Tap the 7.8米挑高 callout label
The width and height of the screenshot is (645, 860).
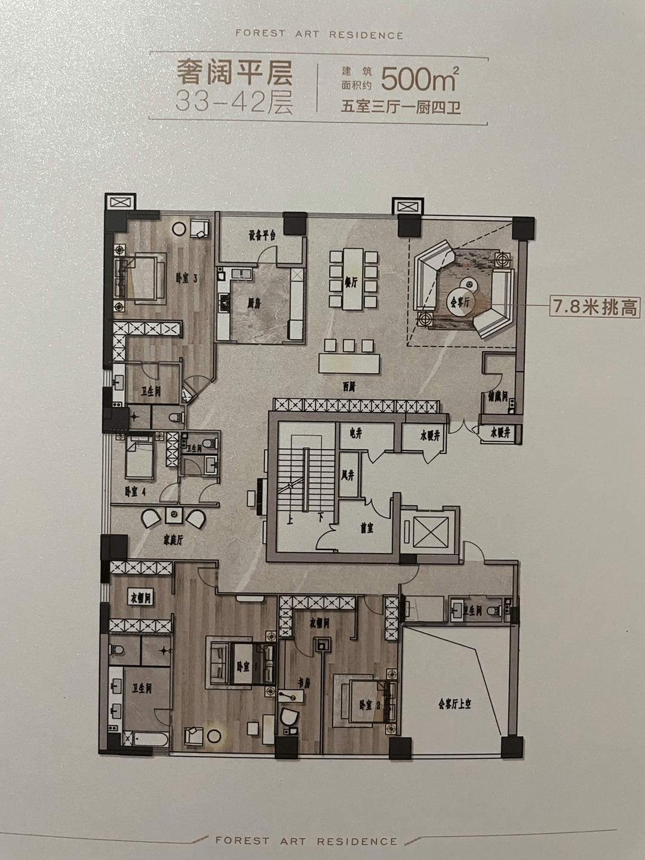click(x=595, y=308)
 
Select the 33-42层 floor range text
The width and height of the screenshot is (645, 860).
click(x=234, y=102)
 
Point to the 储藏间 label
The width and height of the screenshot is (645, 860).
click(x=497, y=395)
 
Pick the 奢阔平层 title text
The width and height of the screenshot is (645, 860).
click(x=234, y=73)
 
